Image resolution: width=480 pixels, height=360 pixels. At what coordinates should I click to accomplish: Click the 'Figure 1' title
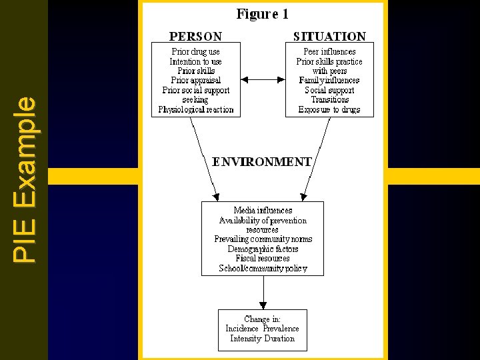tap(263, 14)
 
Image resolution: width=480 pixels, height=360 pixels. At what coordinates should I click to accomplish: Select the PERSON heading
tap(195, 36)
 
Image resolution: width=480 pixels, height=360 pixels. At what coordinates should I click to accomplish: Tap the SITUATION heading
tap(329, 36)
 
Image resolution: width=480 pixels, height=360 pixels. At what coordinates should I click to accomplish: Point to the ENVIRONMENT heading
tap(262, 161)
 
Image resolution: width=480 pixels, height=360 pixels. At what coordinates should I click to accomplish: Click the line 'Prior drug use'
tap(196, 51)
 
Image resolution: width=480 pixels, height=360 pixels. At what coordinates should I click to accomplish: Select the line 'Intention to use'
tap(196, 61)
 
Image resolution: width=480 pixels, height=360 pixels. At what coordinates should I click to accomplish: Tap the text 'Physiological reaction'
tap(196, 109)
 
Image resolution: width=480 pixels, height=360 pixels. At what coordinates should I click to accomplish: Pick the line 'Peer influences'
tap(329, 51)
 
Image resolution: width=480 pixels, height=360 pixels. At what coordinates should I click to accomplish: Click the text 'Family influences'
tap(329, 81)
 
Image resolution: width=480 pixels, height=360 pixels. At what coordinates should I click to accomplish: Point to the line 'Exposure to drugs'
tap(329, 109)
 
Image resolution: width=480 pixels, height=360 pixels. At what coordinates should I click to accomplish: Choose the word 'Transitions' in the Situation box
tap(329, 100)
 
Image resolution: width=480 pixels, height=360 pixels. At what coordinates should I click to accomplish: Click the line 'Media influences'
tap(263, 211)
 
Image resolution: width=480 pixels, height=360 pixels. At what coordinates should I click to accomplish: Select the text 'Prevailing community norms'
tap(263, 239)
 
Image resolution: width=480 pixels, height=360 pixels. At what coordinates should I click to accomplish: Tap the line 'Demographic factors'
tap(263, 249)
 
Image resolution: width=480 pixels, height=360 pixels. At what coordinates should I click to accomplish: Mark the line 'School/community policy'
tap(263, 268)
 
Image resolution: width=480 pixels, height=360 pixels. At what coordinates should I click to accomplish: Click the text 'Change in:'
tap(262, 319)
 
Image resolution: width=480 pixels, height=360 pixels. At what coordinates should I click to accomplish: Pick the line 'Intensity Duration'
tap(262, 338)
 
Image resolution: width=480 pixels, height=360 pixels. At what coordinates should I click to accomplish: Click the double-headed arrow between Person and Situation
tap(263, 80)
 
